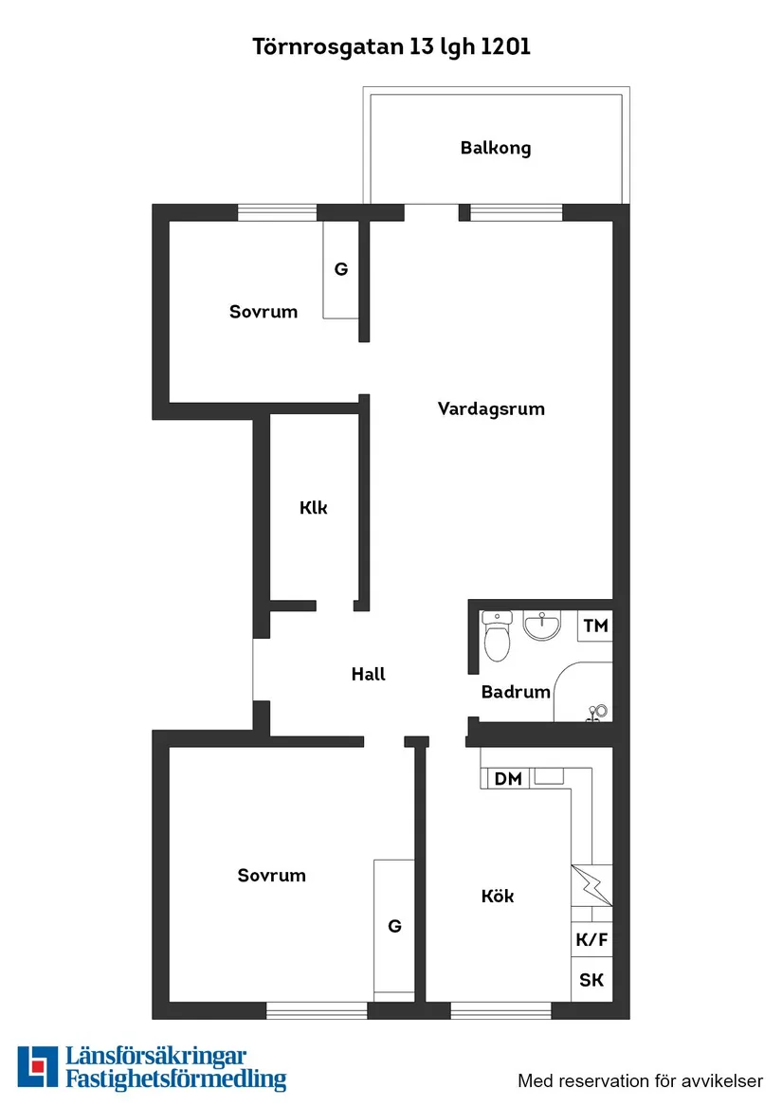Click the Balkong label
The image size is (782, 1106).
point(495,148)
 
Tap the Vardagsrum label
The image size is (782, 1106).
point(491,409)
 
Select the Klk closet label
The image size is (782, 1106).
point(314,508)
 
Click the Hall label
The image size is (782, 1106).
point(368,675)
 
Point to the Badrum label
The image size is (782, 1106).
point(516,692)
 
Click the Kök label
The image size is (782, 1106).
point(498,896)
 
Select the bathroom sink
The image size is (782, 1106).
point(544,625)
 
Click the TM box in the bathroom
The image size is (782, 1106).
point(595,626)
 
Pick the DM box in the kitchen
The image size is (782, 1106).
point(508,779)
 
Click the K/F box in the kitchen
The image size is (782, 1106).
point(591,941)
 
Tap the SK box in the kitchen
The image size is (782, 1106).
point(591,980)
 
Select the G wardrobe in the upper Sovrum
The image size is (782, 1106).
point(340,269)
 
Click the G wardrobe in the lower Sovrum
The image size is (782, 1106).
point(394,926)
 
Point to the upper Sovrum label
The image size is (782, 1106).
point(264,312)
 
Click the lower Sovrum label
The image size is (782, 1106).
point(272,876)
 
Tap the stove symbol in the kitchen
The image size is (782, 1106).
point(591,886)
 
